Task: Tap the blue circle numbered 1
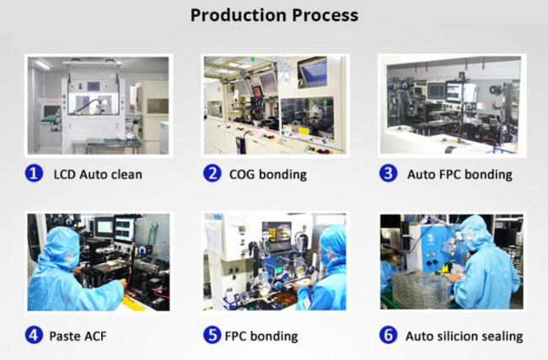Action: [34, 174]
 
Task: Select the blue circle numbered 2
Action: [212, 174]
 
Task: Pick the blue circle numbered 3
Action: [389, 174]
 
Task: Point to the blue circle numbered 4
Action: [34, 335]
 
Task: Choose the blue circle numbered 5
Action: [212, 335]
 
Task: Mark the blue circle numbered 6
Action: [389, 335]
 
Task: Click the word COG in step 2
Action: [242, 174]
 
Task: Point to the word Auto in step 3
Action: [421, 174]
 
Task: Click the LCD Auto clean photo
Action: [99, 105]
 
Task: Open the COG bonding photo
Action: [276, 105]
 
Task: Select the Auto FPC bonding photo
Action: [452, 105]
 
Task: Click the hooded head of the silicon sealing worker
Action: [475, 232]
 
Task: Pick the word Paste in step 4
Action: [65, 336]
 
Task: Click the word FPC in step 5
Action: [236, 336]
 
